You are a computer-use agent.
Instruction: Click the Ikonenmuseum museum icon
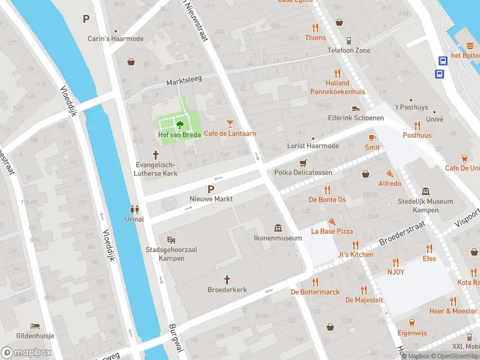click(278, 228)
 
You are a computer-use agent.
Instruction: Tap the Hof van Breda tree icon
click(179, 125)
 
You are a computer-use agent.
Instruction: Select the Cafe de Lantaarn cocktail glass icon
click(229, 124)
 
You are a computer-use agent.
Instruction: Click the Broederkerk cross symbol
click(227, 280)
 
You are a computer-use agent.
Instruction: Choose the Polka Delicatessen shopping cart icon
click(303, 163)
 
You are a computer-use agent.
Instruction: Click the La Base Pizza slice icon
click(332, 221)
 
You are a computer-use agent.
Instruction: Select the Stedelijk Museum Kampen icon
click(425, 191)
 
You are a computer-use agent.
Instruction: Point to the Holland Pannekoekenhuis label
click(337, 87)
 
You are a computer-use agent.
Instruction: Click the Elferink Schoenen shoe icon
click(356, 108)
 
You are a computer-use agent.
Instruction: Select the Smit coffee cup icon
click(372, 137)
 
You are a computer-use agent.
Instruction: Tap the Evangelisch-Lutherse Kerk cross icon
click(155, 155)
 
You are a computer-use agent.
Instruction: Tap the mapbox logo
click(26, 353)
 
